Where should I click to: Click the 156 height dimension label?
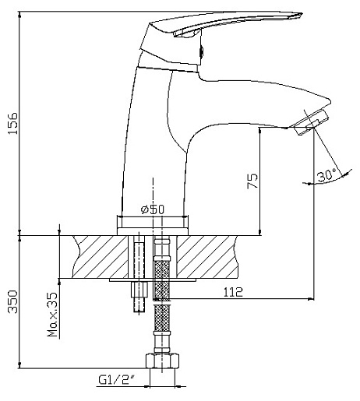[13, 123]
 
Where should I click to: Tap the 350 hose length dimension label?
[13, 301]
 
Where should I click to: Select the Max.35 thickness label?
[53, 315]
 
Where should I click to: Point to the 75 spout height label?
[252, 181]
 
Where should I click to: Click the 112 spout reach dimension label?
[233, 292]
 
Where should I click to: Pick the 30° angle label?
[326, 175]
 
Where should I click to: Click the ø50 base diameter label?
[153, 209]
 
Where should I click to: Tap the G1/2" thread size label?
[118, 380]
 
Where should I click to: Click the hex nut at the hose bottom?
[162, 361]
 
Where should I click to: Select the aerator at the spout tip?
[309, 122]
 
